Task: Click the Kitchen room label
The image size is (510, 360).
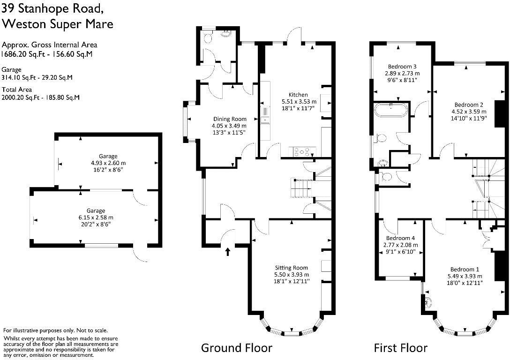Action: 298,95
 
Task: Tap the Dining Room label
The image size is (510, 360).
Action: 230,119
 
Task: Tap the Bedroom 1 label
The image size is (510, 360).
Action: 465,269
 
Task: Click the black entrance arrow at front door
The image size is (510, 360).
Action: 228,252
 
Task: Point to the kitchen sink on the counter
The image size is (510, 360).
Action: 265,115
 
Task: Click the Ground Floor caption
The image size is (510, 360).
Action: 236,348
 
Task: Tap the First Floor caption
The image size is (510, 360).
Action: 400,348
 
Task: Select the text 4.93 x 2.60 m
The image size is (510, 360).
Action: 108,163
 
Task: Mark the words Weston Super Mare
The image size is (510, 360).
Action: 58,23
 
